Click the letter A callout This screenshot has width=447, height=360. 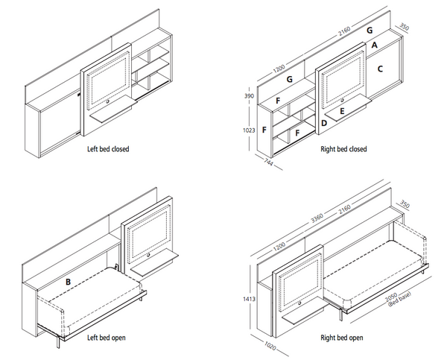click(x=374, y=45)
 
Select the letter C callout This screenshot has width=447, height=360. click(x=380, y=69)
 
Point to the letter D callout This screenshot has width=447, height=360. click(x=324, y=122)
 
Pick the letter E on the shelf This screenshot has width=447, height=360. click(x=341, y=111)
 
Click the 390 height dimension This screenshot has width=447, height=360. click(x=250, y=97)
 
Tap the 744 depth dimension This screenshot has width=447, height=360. click(x=267, y=163)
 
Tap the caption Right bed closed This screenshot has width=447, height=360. click(x=343, y=149)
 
